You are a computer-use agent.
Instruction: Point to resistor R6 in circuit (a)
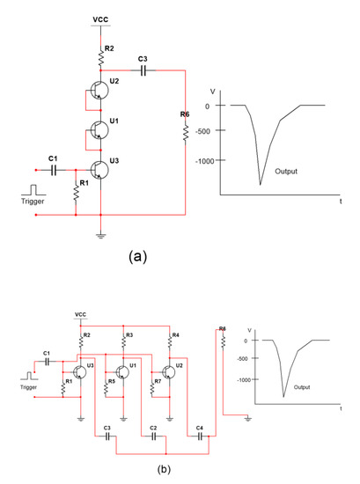coord(186,132)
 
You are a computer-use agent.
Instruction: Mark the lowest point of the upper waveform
coord(261,184)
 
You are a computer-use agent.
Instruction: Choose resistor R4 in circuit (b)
coord(171,337)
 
